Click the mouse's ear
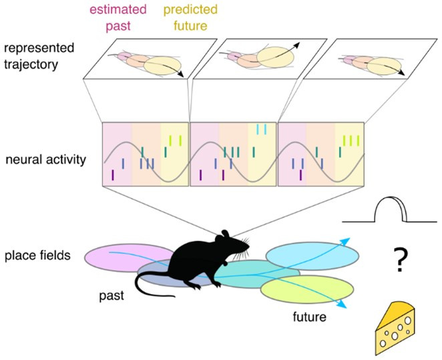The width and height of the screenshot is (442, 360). click(x=226, y=236)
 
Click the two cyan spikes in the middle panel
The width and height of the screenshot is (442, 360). click(x=261, y=129)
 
